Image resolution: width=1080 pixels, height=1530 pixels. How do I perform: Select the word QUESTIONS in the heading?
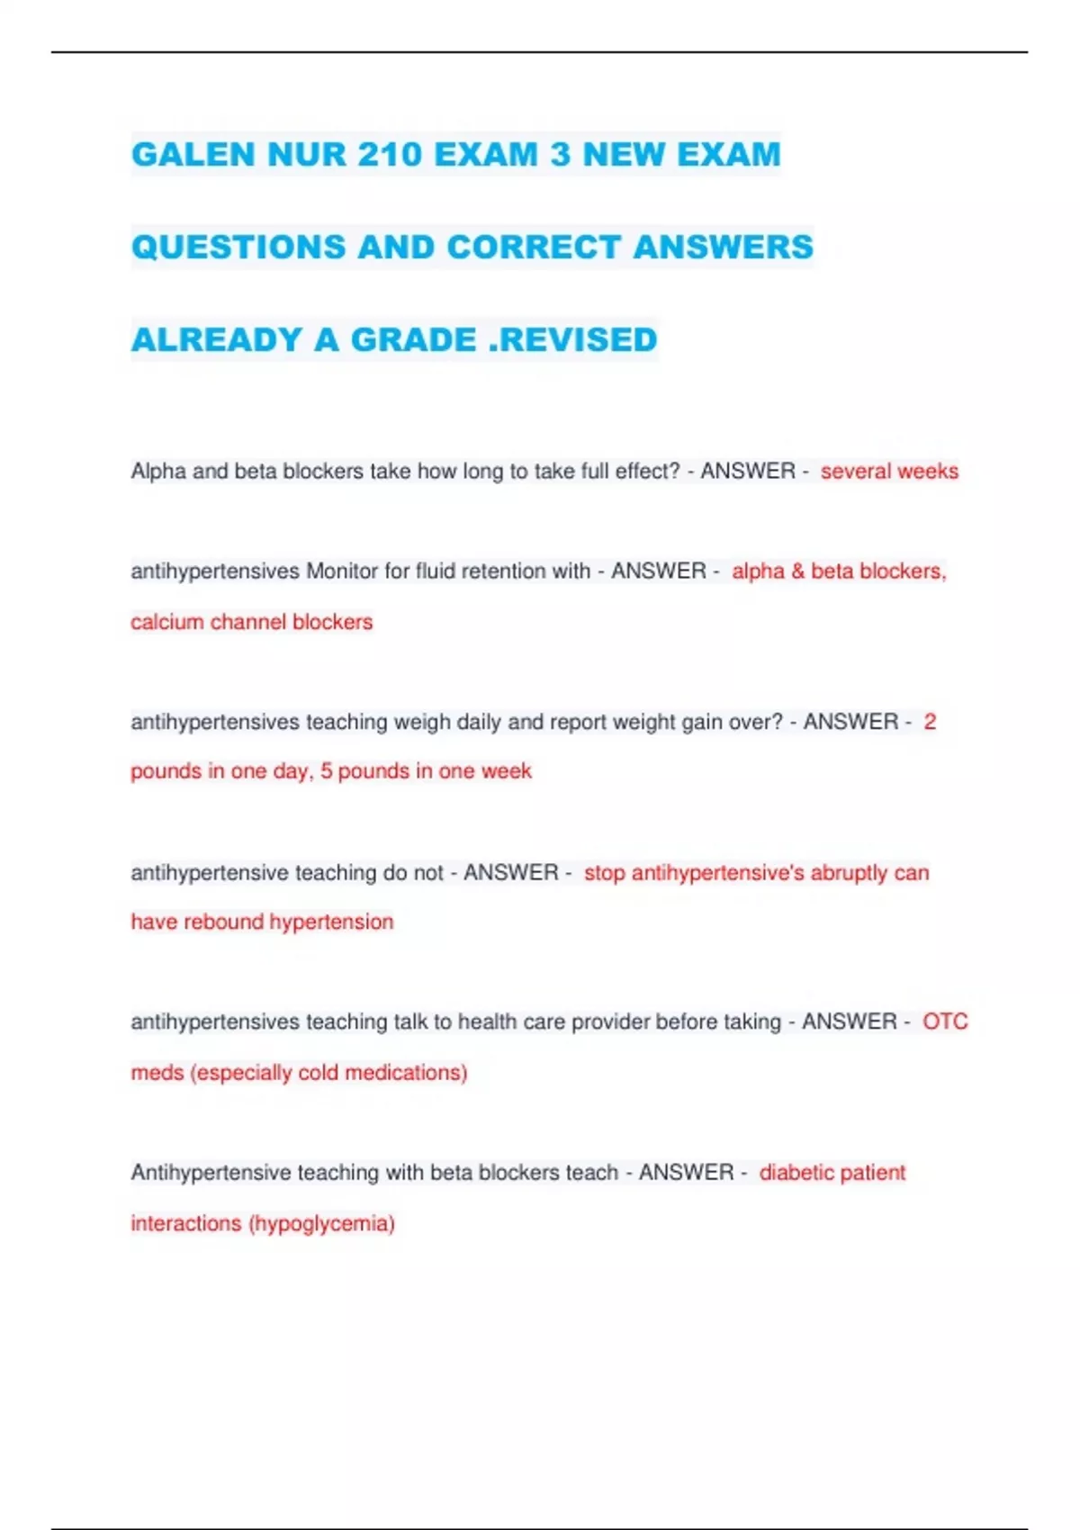[x=238, y=247]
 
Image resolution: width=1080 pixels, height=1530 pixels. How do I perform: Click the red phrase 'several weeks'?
[x=889, y=472]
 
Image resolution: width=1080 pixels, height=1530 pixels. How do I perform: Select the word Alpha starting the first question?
[x=158, y=472]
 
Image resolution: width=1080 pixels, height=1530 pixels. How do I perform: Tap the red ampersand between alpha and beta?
[x=797, y=571]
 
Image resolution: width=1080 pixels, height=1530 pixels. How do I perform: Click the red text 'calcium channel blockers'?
[x=251, y=622]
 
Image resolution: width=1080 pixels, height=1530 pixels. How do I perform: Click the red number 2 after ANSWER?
[x=930, y=722]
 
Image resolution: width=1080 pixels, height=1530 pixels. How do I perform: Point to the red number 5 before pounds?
[x=326, y=771]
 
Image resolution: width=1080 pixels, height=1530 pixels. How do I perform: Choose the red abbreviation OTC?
[x=945, y=1022]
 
